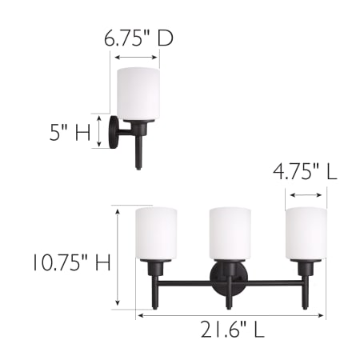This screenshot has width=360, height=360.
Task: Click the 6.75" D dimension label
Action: coord(138,38)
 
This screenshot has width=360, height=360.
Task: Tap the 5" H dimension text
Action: coord(70,132)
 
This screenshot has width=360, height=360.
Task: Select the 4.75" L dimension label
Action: coord(305,171)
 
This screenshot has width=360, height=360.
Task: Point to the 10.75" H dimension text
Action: coord(72,262)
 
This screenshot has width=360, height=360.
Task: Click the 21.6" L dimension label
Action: coord(233,329)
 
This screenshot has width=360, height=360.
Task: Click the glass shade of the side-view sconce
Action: coord(138,94)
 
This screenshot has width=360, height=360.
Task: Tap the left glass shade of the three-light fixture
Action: coord(156,234)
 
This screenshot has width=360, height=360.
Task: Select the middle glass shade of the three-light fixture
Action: coord(230,234)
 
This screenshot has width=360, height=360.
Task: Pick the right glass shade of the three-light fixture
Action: coord(306,234)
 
